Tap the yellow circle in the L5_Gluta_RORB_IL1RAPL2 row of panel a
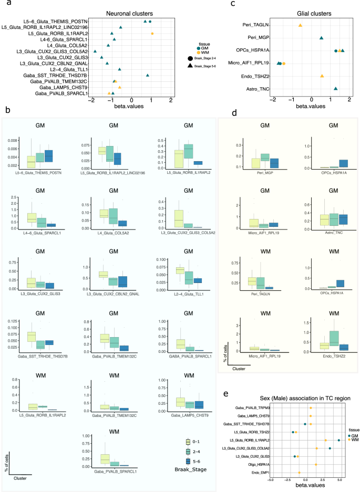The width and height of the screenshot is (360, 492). pos(152,33)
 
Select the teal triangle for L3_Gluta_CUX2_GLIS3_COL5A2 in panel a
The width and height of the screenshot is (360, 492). pos(95,51)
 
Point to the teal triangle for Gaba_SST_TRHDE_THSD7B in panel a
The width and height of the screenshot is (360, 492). pos(148,75)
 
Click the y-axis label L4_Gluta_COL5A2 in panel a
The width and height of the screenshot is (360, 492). pos(67,45)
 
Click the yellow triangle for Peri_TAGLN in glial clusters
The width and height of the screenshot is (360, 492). pos(300,25)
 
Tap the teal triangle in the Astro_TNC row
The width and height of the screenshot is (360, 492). pos(336,89)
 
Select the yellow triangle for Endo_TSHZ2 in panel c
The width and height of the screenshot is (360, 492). pos(322,76)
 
